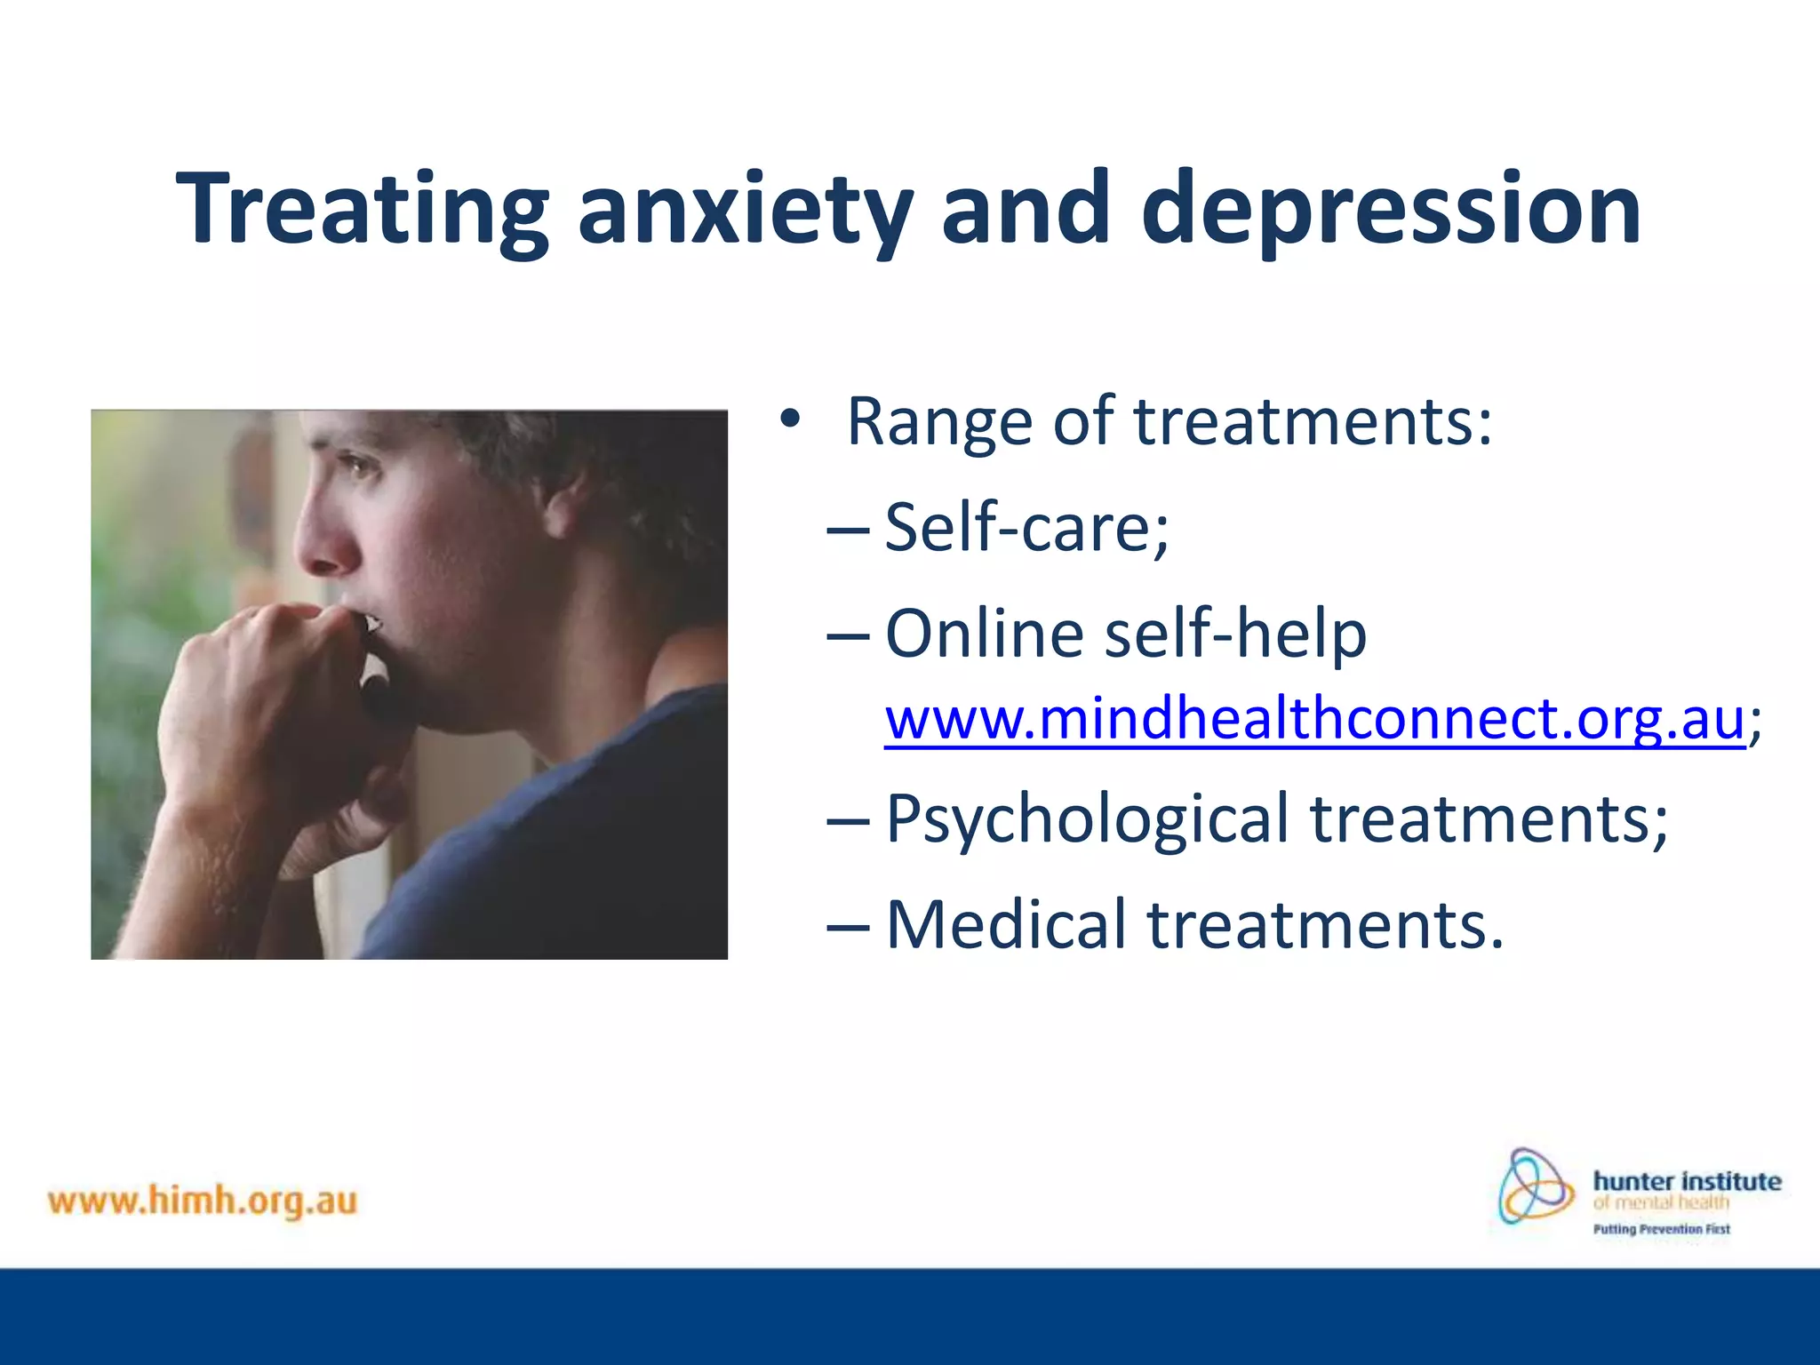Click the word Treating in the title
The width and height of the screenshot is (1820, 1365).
(x=363, y=209)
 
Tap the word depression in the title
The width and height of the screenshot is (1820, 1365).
(x=1391, y=211)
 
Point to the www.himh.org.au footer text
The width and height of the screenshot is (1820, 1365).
(x=203, y=1201)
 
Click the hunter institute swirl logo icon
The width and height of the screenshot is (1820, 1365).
(x=1535, y=1186)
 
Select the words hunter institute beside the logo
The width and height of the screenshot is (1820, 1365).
(x=1687, y=1181)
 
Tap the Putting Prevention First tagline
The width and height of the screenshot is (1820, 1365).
(x=1661, y=1229)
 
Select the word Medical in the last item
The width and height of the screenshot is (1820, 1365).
(x=1007, y=924)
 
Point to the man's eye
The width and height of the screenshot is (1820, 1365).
(x=362, y=464)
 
